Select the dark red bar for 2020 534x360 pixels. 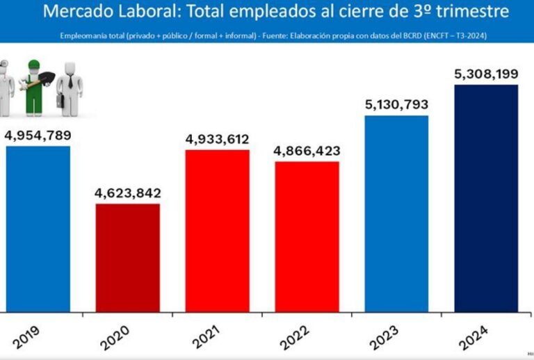pyautogui.click(x=127, y=257)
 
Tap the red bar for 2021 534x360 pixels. pyautogui.click(x=217, y=230)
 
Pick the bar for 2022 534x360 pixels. pyautogui.click(x=307, y=236)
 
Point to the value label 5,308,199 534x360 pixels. pyautogui.click(x=486, y=74)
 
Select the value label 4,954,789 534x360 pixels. pyautogui.click(x=38, y=134)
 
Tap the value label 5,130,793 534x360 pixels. pyautogui.click(x=396, y=105)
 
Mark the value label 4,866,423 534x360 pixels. pyautogui.click(x=307, y=150)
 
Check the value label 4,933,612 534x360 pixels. pyautogui.click(x=217, y=139)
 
